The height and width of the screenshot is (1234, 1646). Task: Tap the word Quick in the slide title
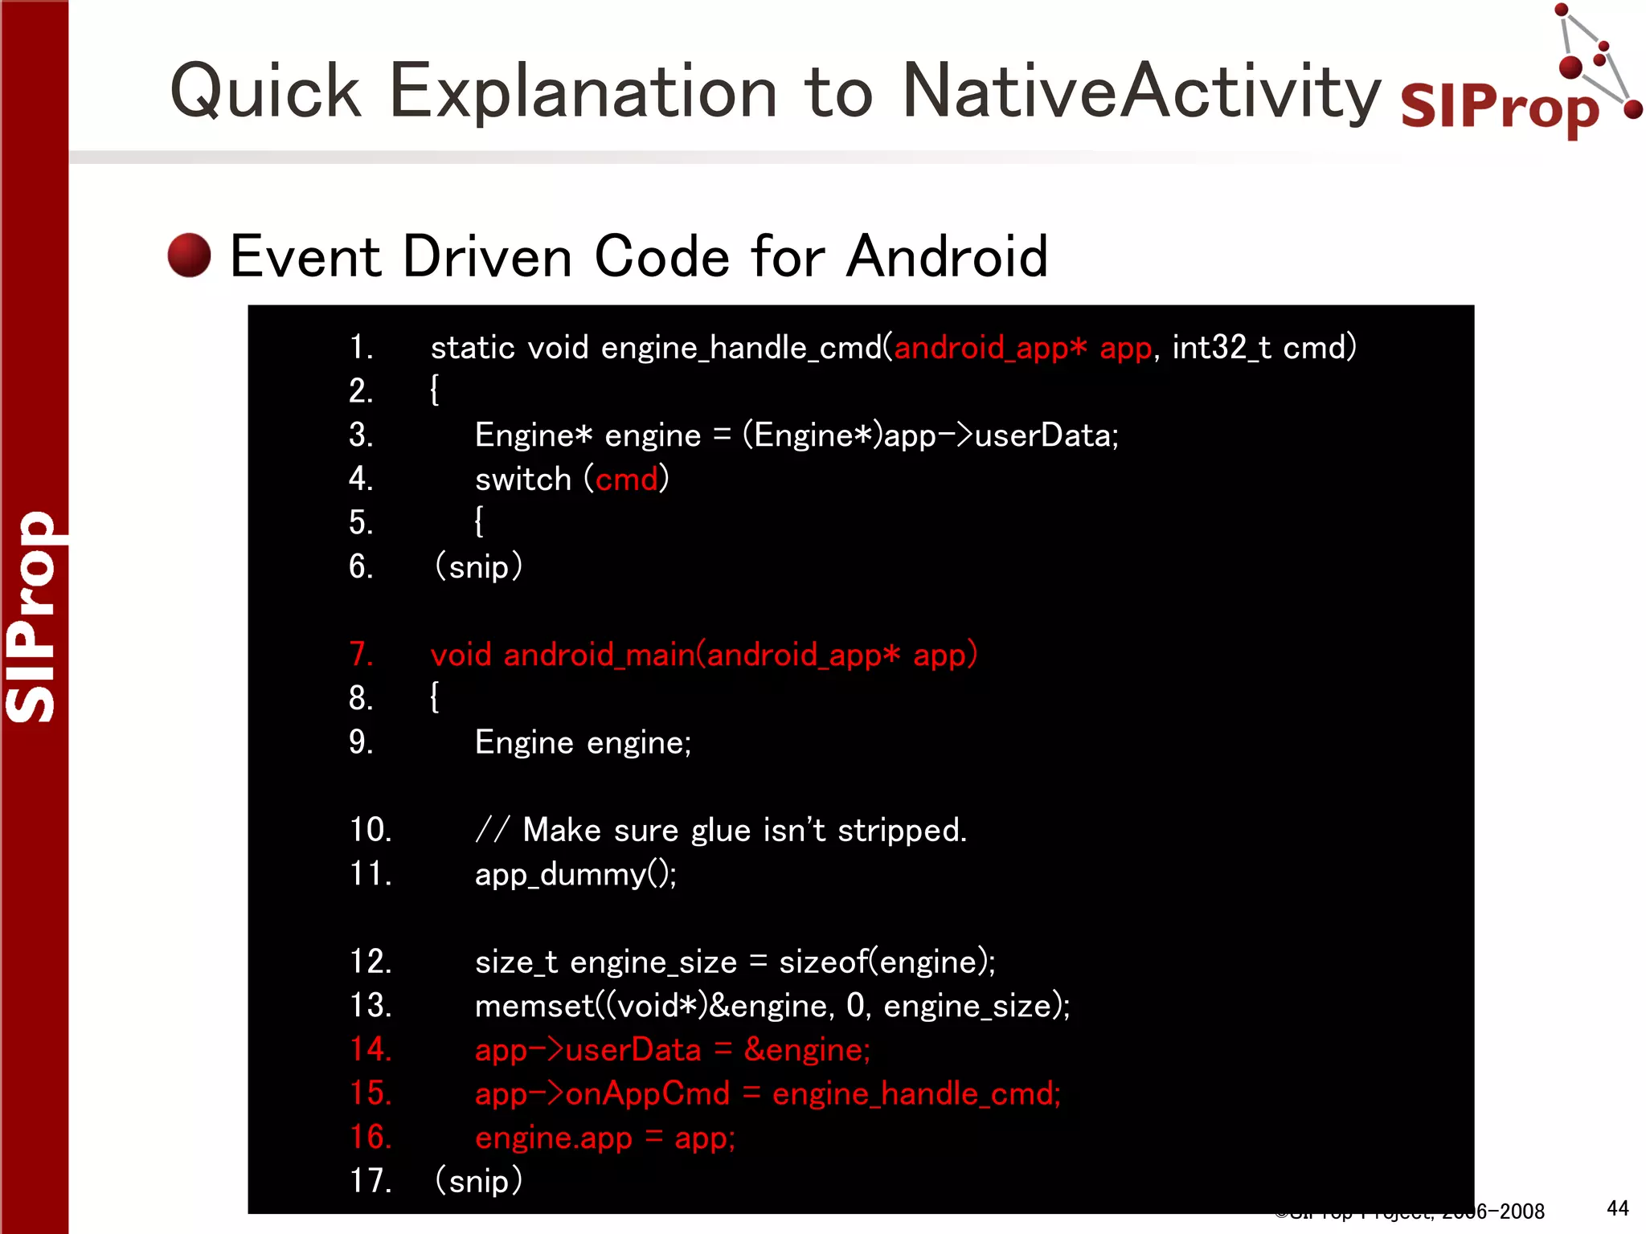tap(265, 92)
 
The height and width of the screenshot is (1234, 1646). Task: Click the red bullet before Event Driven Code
tap(189, 255)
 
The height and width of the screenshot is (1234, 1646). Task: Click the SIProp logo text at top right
tap(1499, 108)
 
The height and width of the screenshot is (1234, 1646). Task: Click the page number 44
tap(1617, 1208)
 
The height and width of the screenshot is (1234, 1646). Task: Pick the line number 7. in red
tap(361, 654)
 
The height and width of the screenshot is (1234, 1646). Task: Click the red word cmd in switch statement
tap(627, 480)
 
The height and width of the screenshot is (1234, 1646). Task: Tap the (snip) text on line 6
tap(478, 567)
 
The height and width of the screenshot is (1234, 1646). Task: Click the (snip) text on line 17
tap(478, 1181)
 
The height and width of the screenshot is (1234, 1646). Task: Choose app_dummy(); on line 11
tap(575, 874)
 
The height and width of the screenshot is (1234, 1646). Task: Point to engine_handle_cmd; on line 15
tap(916, 1094)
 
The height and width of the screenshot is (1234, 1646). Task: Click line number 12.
tap(370, 962)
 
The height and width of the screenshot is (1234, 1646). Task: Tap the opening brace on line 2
tap(435, 391)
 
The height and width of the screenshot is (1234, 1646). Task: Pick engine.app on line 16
tap(554, 1138)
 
